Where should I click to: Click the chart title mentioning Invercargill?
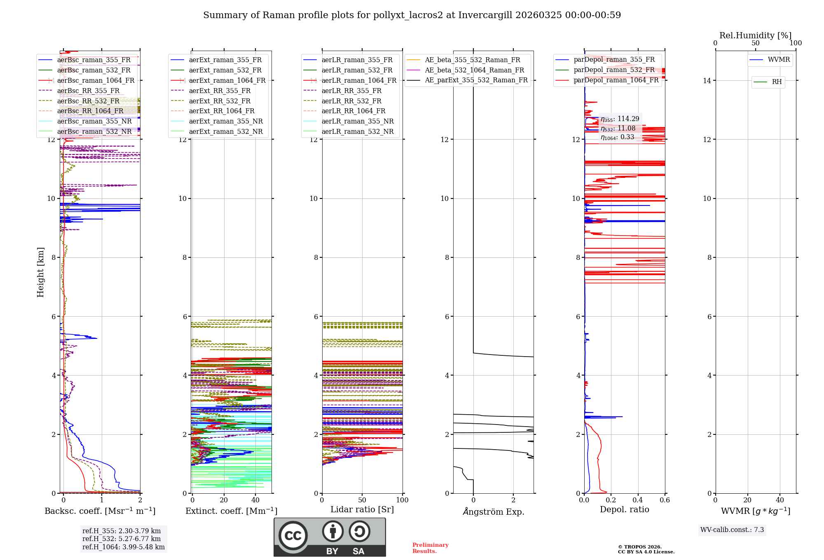tap(412, 15)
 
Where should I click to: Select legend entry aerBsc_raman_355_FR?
tap(94, 60)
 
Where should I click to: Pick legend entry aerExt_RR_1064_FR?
tap(221, 111)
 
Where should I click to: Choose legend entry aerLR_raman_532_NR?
tap(357, 132)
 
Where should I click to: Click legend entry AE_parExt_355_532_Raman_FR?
tap(476, 80)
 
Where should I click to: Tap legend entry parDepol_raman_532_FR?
tap(614, 70)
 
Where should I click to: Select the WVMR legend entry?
tap(779, 60)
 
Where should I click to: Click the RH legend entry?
tap(777, 82)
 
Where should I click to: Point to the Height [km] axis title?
tap(40, 272)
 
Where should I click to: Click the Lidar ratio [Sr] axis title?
tap(362, 510)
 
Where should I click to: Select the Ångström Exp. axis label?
tap(494, 512)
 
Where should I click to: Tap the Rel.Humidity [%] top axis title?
tap(755, 35)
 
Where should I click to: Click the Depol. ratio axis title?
tap(624, 510)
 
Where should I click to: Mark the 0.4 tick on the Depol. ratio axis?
tap(638, 500)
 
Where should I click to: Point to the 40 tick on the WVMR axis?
tap(780, 500)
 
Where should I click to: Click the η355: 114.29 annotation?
tap(620, 119)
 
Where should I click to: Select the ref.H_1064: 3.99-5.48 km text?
tap(123, 547)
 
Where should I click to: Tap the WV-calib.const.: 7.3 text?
tap(732, 530)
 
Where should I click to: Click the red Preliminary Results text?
tap(430, 548)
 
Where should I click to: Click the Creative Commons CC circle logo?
tap(293, 535)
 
